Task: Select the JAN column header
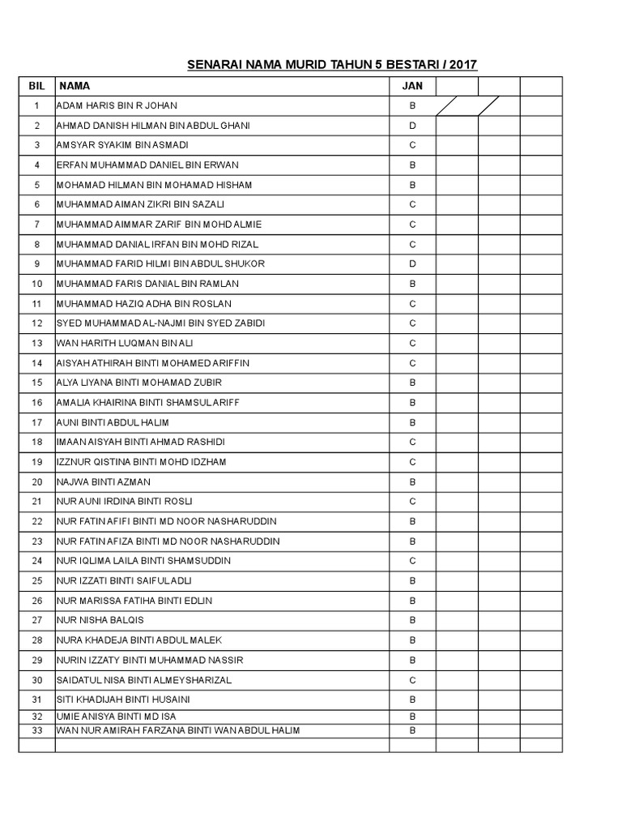pyautogui.click(x=412, y=86)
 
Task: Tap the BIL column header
pyautogui.click(x=36, y=86)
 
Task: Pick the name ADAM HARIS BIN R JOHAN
pyautogui.click(x=117, y=105)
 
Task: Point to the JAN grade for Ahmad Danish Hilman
pyautogui.click(x=412, y=126)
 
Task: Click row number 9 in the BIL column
pyautogui.click(x=36, y=263)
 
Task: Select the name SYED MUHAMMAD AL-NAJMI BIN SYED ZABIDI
pyautogui.click(x=160, y=323)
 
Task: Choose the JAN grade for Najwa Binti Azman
pyautogui.click(x=412, y=481)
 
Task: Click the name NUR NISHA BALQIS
pyautogui.click(x=100, y=620)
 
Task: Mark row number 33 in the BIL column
pyautogui.click(x=36, y=730)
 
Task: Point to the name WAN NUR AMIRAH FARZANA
pyautogui.click(x=177, y=730)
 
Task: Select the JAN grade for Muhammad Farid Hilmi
pyautogui.click(x=412, y=263)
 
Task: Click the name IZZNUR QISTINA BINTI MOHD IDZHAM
pyautogui.click(x=141, y=462)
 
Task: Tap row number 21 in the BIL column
pyautogui.click(x=36, y=502)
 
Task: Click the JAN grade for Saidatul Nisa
pyautogui.click(x=412, y=680)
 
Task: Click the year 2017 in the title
pyautogui.click(x=462, y=64)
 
